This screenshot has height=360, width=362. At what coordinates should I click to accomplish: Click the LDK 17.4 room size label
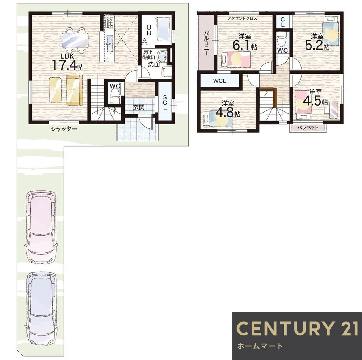point(68,62)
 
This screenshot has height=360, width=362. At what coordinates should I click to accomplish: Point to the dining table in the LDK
point(75,40)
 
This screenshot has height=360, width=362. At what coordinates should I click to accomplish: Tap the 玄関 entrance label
point(139,107)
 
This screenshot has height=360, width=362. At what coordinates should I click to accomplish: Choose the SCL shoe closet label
point(165,102)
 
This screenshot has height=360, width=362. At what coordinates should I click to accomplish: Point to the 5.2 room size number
point(314,46)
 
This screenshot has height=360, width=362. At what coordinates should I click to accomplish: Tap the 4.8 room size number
point(225,113)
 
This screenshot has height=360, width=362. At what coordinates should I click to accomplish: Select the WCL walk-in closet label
point(220,81)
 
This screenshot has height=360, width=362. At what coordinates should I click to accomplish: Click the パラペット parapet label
point(308,127)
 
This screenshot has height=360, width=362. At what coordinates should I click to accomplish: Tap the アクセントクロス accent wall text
point(242,18)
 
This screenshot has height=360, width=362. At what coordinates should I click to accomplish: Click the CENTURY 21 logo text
point(297,328)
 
